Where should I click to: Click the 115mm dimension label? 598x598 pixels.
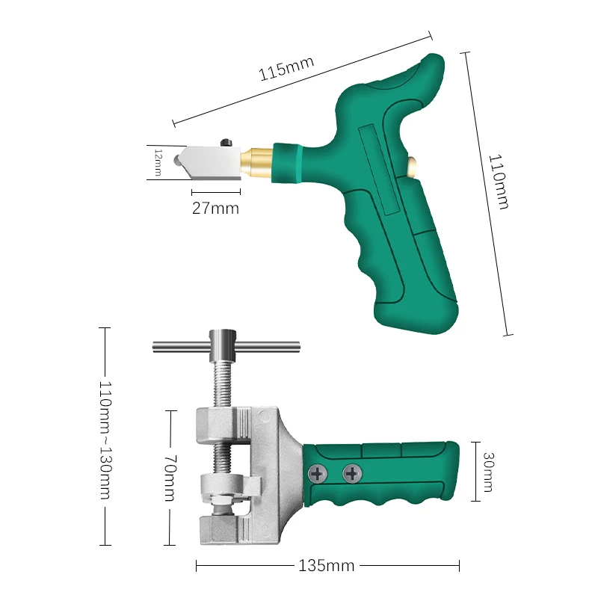pyautogui.click(x=286, y=69)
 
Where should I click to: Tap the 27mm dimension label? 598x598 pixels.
pyautogui.click(x=215, y=209)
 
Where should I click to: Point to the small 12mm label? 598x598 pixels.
pyautogui.click(x=158, y=162)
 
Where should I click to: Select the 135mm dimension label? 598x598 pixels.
pyautogui.click(x=327, y=566)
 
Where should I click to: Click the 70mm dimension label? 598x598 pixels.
pyautogui.click(x=170, y=478)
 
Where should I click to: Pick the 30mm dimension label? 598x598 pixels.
pyautogui.click(x=489, y=472)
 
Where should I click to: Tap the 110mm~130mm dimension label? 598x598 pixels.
pyautogui.click(x=105, y=440)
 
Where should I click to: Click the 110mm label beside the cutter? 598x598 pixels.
pyautogui.click(x=499, y=182)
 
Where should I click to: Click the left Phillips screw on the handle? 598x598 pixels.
pyautogui.click(x=317, y=474)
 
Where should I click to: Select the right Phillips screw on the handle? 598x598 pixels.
pyautogui.click(x=352, y=474)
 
